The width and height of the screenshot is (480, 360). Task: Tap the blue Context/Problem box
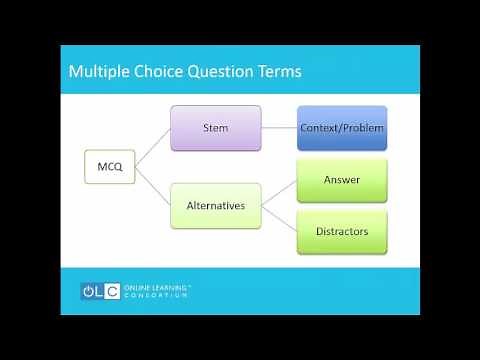[342, 128]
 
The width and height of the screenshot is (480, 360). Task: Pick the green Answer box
[342, 180]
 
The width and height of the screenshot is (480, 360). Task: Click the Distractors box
[342, 231]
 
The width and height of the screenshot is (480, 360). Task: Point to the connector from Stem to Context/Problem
[279, 128]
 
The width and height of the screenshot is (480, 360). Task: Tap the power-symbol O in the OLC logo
[90, 291]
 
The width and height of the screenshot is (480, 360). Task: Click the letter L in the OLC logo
[102, 291]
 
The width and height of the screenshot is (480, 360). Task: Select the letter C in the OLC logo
[113, 291]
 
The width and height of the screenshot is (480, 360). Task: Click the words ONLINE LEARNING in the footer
[155, 287]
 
